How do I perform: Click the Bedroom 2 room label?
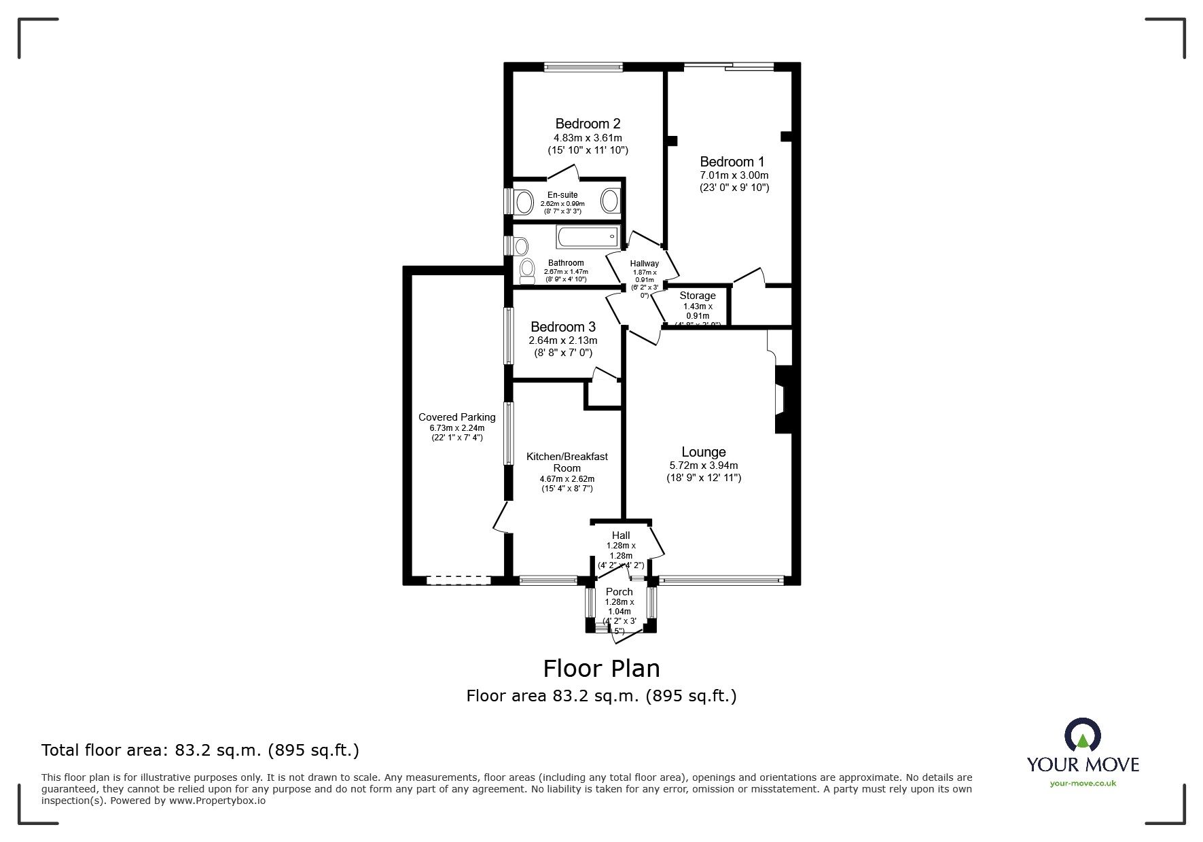coord(588,124)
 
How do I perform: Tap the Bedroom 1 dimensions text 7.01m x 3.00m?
coord(734,175)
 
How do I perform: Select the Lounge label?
coord(704,452)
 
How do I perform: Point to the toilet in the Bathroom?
coord(526,271)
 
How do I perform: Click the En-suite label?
coord(562,195)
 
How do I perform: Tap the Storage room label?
coord(698,296)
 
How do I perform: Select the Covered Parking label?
coord(456,417)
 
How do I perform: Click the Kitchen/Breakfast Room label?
coord(567,462)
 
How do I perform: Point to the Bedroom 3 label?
coord(563,327)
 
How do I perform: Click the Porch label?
coord(619,592)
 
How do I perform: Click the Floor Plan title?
coord(601,669)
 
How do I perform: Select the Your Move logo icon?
coord(1082,736)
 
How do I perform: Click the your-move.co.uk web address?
coord(1083,784)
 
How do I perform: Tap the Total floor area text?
coord(200,750)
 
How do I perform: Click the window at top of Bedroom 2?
coord(583,67)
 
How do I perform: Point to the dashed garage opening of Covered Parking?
coord(459,580)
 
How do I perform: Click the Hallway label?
coord(644,264)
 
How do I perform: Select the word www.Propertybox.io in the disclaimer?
coord(217,801)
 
